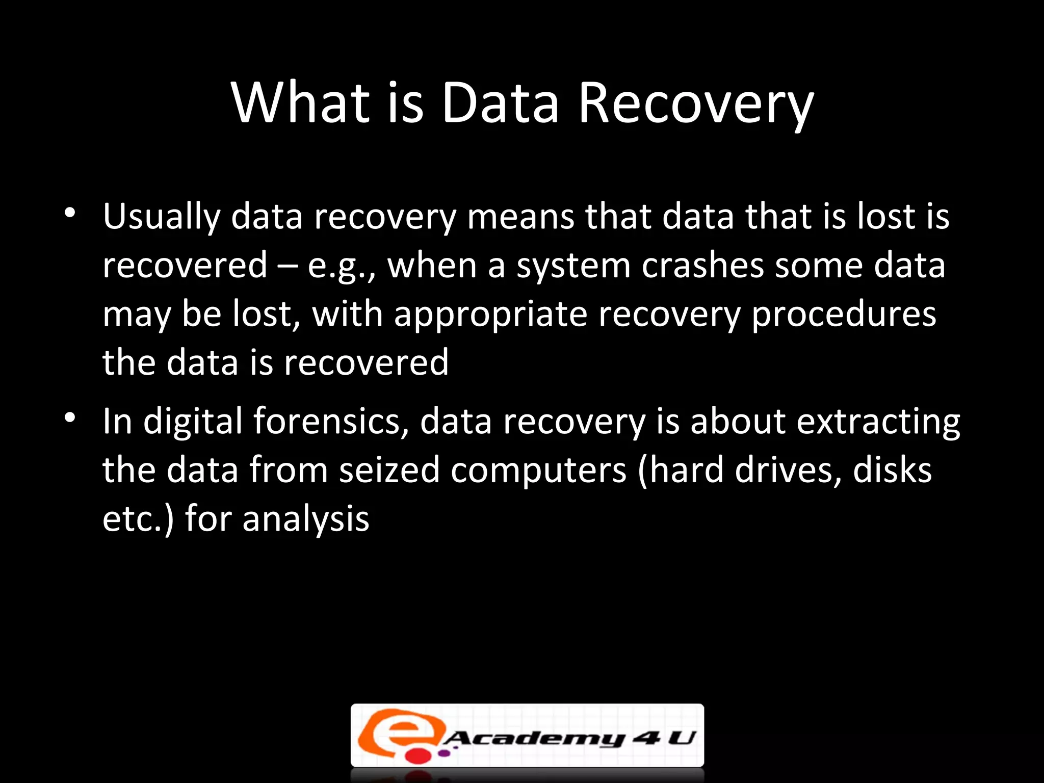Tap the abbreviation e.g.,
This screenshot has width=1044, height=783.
click(341, 267)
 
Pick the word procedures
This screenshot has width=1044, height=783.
click(844, 315)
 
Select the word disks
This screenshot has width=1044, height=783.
click(892, 470)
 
